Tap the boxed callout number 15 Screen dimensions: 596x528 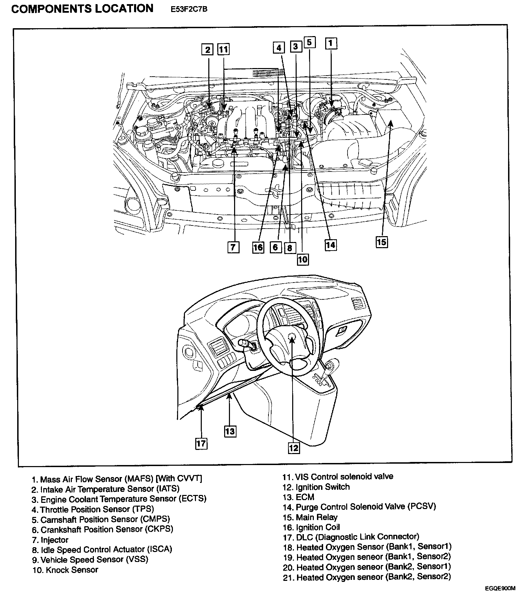pyautogui.click(x=381, y=242)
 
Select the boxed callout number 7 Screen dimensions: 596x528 pyautogui.click(x=233, y=247)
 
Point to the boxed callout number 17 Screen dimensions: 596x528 pyautogui.click(x=201, y=443)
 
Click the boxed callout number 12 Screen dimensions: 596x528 pyautogui.click(x=294, y=448)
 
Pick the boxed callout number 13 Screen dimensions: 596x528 pyautogui.click(x=230, y=431)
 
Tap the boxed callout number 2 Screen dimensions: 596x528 pyautogui.click(x=207, y=49)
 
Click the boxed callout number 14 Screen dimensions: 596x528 pyautogui.click(x=330, y=245)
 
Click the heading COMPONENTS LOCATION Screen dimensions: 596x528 pyautogui.click(x=82, y=9)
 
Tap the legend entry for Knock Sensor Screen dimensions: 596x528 pyautogui.click(x=65, y=570)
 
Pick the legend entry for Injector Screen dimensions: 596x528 pyautogui.click(x=50, y=540)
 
